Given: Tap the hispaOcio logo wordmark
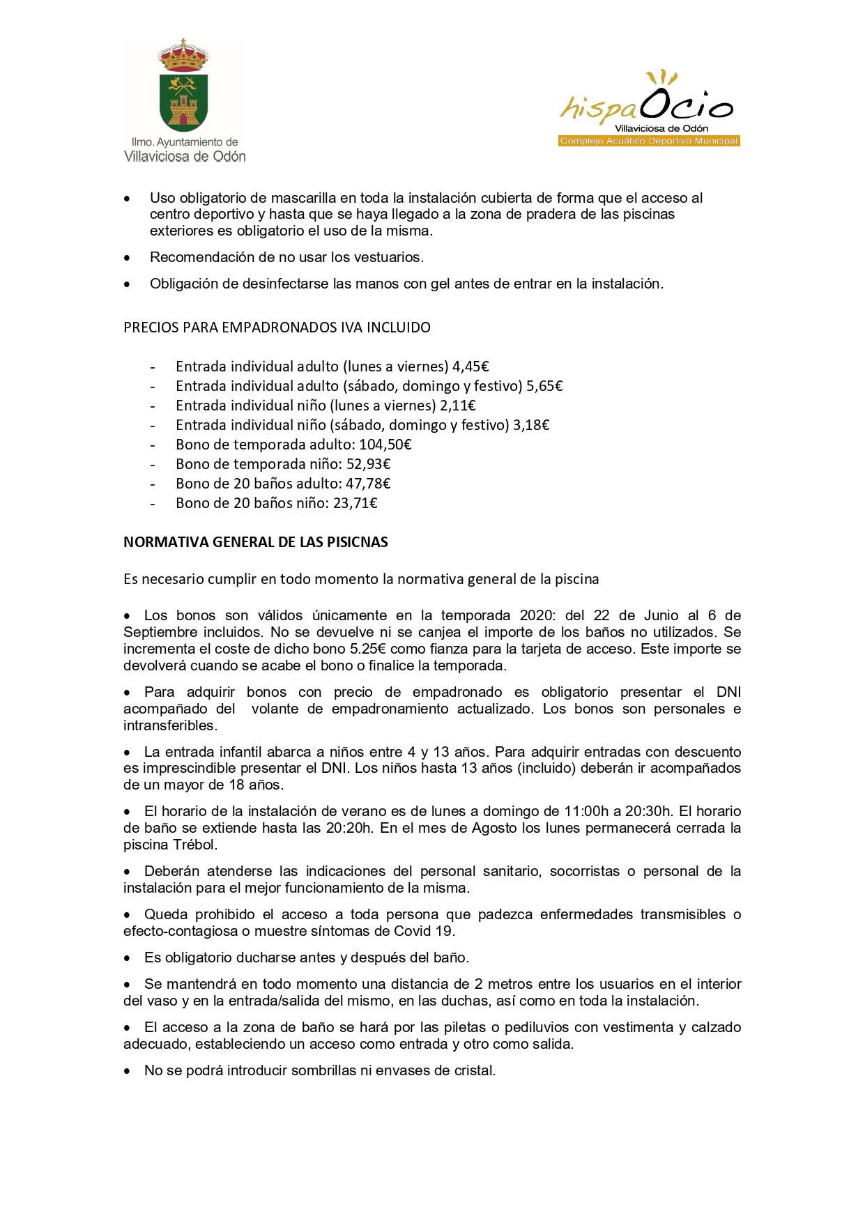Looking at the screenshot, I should [x=647, y=105].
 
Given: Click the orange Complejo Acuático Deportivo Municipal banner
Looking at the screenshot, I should [x=649, y=141].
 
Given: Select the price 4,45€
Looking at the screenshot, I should [x=470, y=367].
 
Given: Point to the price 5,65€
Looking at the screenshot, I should [x=544, y=386].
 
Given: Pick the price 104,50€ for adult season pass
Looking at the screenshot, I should [x=385, y=445].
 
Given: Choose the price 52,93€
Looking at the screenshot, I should [x=369, y=464].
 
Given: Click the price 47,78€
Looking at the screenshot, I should [x=368, y=484].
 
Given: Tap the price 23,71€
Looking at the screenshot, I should [x=355, y=503].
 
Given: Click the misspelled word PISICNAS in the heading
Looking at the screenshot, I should [x=355, y=542].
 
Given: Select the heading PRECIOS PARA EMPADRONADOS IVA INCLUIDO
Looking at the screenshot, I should [x=277, y=328].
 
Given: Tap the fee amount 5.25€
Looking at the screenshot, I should [x=368, y=649].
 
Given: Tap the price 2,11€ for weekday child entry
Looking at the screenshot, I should [x=458, y=406].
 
